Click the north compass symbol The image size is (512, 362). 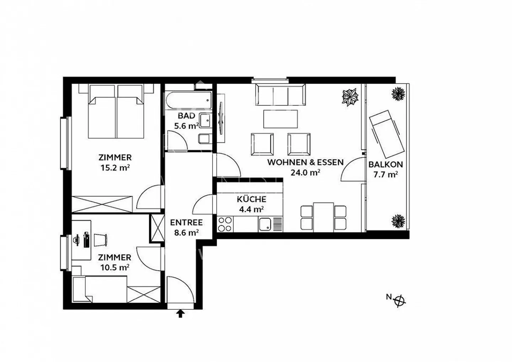tap(400, 300)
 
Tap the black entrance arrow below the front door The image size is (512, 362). tap(181, 313)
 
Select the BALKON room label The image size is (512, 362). tap(385, 164)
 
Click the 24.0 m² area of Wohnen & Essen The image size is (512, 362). tap(305, 173)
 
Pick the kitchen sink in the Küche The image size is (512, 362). tap(265, 224)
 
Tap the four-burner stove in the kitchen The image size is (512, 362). tap(225, 224)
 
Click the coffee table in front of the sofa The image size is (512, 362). tap(281, 119)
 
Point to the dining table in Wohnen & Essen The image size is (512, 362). tap(324, 217)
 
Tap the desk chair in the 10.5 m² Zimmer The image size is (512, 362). tap(100, 240)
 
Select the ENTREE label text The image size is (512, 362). tap(186, 223)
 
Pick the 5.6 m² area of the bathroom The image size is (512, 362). tap(186, 126)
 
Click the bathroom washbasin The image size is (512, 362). tap(206, 121)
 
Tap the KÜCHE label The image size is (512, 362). tap(251, 199)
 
